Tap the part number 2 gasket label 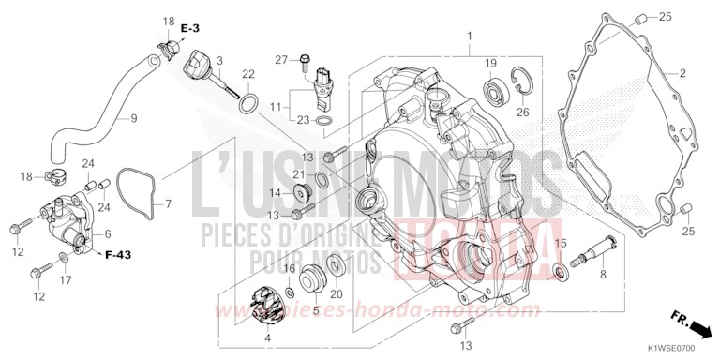pos(682,72)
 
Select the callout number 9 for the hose pos(133,118)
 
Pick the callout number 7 pos(169,203)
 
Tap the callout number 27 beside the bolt pos(279,61)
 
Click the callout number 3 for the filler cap pos(219,61)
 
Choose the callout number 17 pos(65,279)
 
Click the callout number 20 pos(335,292)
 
